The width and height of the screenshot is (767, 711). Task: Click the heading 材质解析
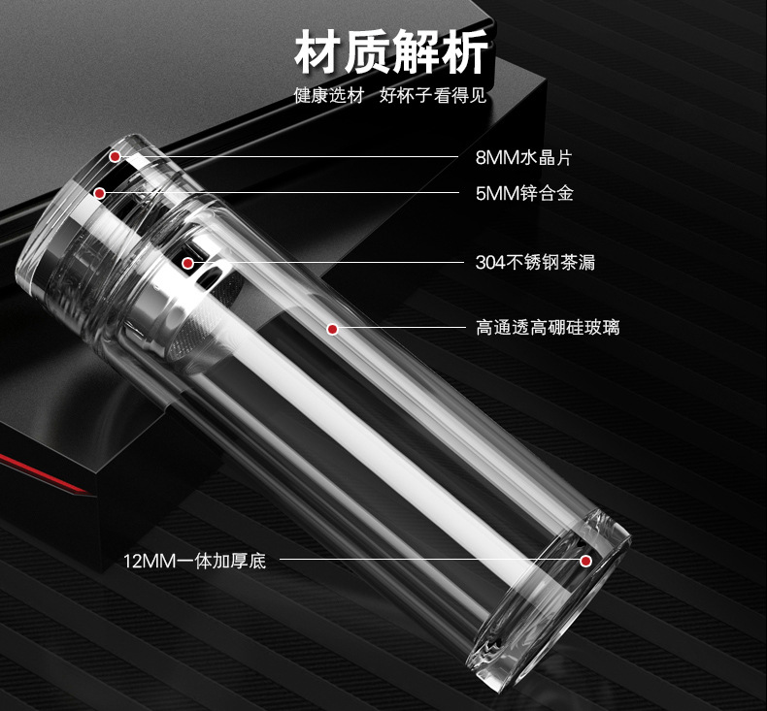(x=391, y=51)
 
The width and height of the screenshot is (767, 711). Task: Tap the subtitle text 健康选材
(x=329, y=95)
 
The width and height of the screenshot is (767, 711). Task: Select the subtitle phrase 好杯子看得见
(x=433, y=95)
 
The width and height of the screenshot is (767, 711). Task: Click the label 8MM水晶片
(x=523, y=157)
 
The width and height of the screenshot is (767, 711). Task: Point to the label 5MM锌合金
(x=524, y=193)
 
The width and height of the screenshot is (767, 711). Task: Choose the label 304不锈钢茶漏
(x=535, y=263)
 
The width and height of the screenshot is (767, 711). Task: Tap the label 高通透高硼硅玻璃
(x=548, y=328)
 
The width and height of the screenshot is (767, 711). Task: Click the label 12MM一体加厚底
(x=195, y=561)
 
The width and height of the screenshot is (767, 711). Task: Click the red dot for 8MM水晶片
(x=115, y=156)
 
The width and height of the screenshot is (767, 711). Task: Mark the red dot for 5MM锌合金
(x=100, y=193)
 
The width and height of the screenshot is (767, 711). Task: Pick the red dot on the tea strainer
(x=187, y=264)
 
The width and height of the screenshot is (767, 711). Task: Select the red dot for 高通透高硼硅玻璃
(x=333, y=330)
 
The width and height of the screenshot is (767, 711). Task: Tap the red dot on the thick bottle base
(x=586, y=561)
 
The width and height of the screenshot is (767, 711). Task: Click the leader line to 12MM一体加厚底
(x=429, y=560)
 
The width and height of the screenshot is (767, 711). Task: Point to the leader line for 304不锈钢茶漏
(x=328, y=263)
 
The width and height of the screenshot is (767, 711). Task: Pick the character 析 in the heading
(x=465, y=51)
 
